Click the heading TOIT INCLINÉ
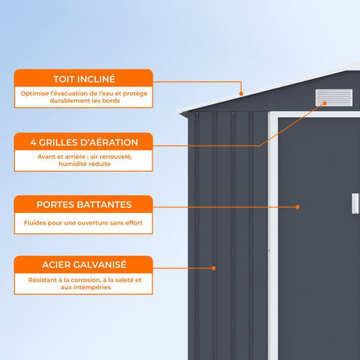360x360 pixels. click(x=84, y=79)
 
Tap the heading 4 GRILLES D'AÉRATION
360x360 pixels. click(x=84, y=142)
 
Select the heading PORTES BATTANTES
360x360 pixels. click(x=84, y=205)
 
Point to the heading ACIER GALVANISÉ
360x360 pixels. click(x=84, y=265)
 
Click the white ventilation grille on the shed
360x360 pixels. click(x=334, y=98)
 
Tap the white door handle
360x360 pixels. click(x=355, y=203)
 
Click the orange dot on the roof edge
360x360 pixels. click(x=241, y=94)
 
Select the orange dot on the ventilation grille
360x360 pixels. click(x=325, y=103)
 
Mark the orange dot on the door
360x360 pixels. click(x=297, y=207)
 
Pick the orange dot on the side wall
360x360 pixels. click(x=214, y=268)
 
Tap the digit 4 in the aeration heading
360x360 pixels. click(x=33, y=142)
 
